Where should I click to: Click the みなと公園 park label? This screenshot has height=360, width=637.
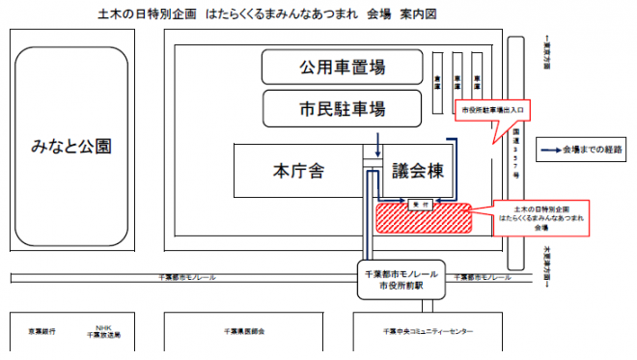pyautogui.click(x=71, y=147)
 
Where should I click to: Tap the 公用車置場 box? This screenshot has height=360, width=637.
pyautogui.click(x=343, y=68)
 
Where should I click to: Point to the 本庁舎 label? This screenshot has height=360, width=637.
pyautogui.click(x=297, y=171)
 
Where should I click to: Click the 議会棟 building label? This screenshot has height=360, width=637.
pyautogui.click(x=418, y=171)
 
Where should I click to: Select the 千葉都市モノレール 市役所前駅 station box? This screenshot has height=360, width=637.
pyautogui.click(x=400, y=281)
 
